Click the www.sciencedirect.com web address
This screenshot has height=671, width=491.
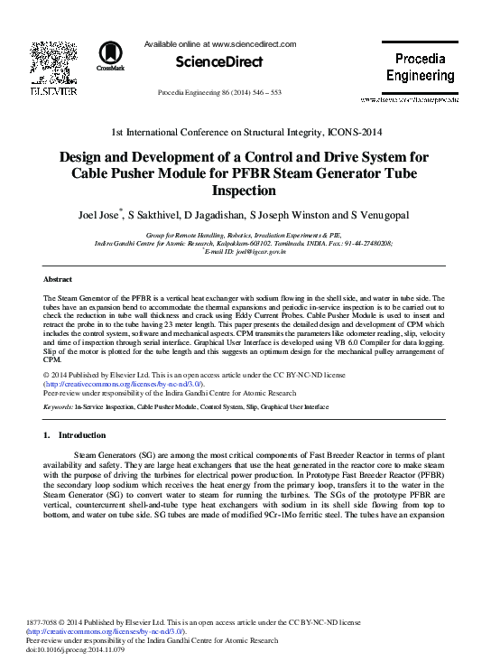click(x=255, y=42)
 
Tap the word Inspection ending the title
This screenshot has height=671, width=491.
click(x=245, y=191)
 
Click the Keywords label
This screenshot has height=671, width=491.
click(x=59, y=407)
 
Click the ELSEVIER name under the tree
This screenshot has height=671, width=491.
click(x=46, y=91)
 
